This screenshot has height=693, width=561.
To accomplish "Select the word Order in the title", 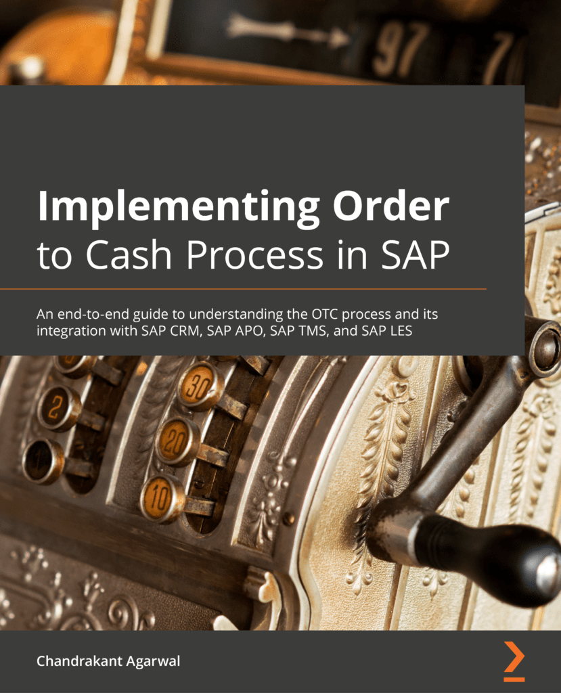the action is click(x=391, y=206).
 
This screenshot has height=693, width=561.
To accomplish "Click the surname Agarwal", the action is click(x=154, y=662).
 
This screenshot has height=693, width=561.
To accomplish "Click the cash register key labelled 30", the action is click(x=200, y=386).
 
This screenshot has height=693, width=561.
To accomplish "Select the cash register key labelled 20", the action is click(x=177, y=441).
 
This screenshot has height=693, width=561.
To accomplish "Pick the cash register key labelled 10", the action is click(x=162, y=499).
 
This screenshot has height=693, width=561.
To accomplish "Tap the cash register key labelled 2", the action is click(x=58, y=408).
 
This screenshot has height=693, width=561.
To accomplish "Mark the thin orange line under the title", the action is click(x=243, y=289).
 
